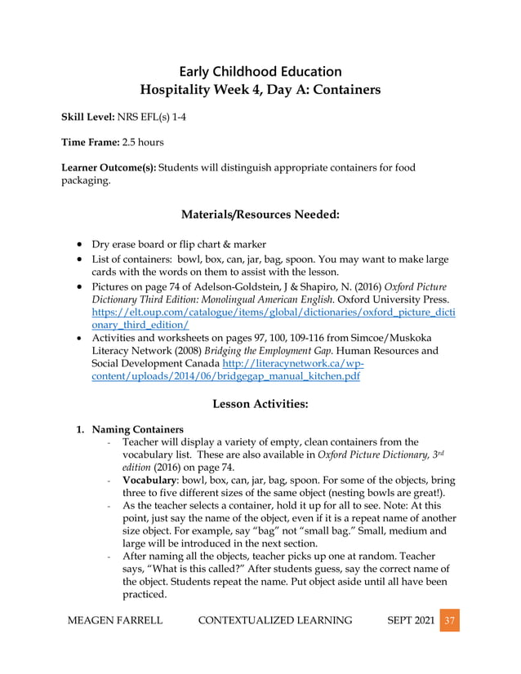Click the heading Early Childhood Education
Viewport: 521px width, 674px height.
click(x=260, y=72)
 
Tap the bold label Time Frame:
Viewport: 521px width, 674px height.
click(x=91, y=142)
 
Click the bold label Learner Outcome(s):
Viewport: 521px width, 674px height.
click(x=109, y=168)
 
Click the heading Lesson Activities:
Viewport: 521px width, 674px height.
click(x=260, y=403)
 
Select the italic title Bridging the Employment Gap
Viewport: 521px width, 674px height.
click(x=234, y=351)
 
